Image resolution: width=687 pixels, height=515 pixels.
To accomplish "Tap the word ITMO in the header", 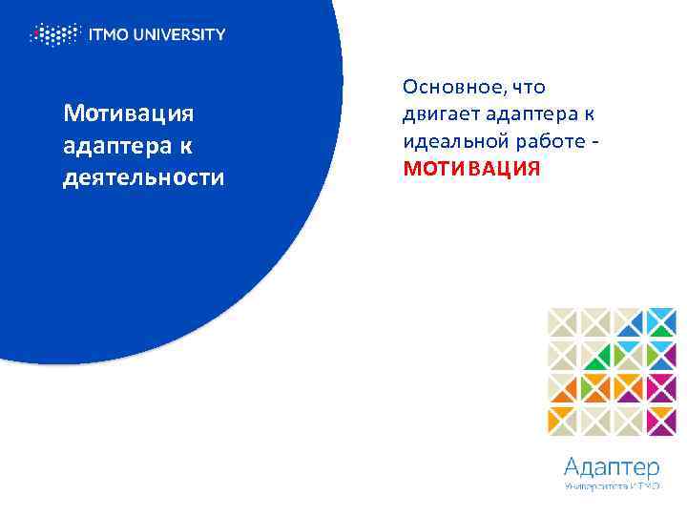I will [111, 35].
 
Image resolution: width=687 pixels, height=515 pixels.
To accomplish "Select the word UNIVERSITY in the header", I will [182, 35].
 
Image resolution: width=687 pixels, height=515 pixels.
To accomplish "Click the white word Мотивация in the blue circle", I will [128, 114].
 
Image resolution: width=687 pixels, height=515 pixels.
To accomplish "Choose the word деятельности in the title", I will [143, 178].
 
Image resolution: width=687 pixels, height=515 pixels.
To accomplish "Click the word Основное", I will [452, 88].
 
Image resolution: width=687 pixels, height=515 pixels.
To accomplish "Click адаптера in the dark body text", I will [528, 115].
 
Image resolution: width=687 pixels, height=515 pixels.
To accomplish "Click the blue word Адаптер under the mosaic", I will [611, 466].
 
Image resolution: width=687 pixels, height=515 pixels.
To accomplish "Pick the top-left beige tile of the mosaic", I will [563, 322].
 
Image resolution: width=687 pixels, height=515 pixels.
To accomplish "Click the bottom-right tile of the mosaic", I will [660, 420].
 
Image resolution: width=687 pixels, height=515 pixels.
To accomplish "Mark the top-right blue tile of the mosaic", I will [660, 322].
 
